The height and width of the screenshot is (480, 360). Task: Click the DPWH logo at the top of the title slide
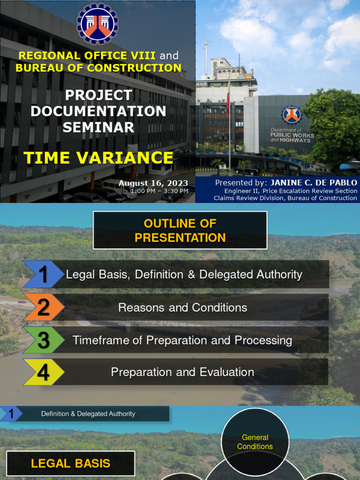click(x=97, y=23)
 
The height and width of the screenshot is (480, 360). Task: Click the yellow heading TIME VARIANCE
click(x=98, y=157)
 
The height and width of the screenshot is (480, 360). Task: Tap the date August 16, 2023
click(x=153, y=183)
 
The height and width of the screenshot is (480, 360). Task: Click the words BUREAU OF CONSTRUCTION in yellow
click(x=98, y=67)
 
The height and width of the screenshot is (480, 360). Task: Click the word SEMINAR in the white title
click(x=98, y=127)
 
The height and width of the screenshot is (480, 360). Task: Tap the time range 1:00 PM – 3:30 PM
click(x=159, y=191)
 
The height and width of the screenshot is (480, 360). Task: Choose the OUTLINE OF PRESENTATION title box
click(x=180, y=230)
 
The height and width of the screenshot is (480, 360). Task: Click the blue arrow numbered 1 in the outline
click(x=43, y=275)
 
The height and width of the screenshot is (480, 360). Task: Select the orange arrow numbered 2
click(x=43, y=307)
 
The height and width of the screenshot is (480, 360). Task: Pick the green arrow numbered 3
click(x=43, y=340)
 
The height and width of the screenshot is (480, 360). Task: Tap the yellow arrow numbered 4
click(x=43, y=372)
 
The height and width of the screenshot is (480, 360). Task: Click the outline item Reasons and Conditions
click(x=183, y=307)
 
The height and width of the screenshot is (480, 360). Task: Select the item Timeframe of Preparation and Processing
click(x=182, y=340)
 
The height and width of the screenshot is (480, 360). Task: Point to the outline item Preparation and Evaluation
click(x=182, y=372)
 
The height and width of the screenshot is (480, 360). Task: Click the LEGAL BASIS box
click(x=70, y=464)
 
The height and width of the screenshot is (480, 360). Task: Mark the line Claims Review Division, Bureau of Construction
click(x=285, y=198)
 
